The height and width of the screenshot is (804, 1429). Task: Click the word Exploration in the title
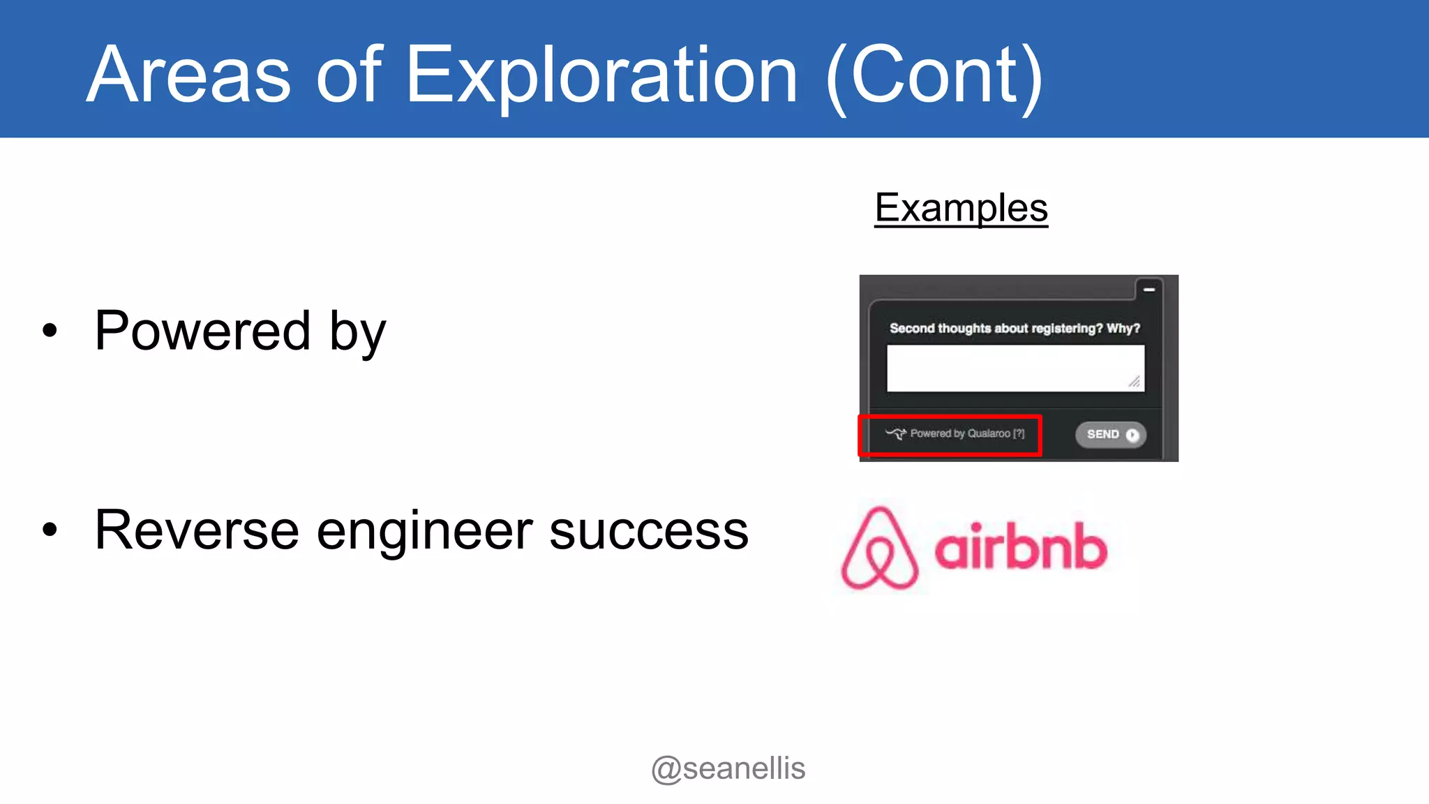click(601, 75)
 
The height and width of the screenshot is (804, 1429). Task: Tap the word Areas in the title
click(188, 75)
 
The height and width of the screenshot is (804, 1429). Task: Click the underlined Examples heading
click(961, 208)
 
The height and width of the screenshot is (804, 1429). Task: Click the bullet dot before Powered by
click(50, 330)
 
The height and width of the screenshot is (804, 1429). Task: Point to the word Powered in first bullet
click(202, 330)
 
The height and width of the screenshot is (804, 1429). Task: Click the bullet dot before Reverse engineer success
click(50, 530)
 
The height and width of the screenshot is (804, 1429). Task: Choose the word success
click(649, 530)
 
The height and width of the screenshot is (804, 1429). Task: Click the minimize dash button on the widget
click(1149, 289)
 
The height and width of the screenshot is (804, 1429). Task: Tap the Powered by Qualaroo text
click(967, 434)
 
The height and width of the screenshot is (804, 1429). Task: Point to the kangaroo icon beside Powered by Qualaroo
click(896, 434)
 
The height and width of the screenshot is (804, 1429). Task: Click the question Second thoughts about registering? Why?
click(1015, 328)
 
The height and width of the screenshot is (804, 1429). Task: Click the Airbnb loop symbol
click(879, 549)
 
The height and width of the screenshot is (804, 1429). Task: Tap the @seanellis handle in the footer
click(728, 768)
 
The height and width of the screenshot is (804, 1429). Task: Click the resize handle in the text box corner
click(1135, 382)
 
